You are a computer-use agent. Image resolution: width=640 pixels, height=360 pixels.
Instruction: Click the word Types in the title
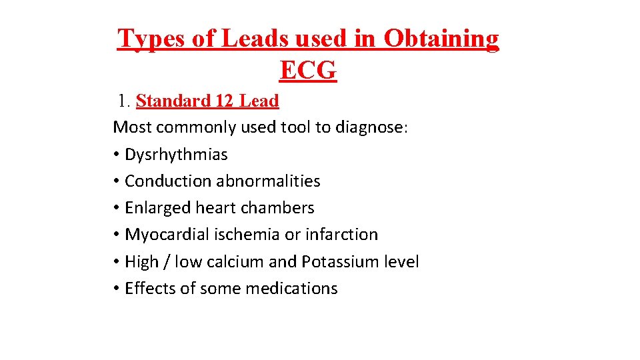point(151,39)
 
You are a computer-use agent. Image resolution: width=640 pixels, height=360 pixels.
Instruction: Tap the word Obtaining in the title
point(441,39)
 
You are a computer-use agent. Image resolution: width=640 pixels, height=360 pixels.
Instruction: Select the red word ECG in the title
point(308,70)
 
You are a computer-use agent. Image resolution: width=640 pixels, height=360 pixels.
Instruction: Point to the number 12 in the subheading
point(224,101)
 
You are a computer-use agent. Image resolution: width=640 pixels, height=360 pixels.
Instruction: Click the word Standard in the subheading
point(173,101)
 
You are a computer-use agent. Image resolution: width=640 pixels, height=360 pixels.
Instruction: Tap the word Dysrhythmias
point(176,155)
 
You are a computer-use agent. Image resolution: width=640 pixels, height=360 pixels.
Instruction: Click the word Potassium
point(340,262)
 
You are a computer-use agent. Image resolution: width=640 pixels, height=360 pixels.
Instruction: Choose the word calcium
point(235,262)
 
